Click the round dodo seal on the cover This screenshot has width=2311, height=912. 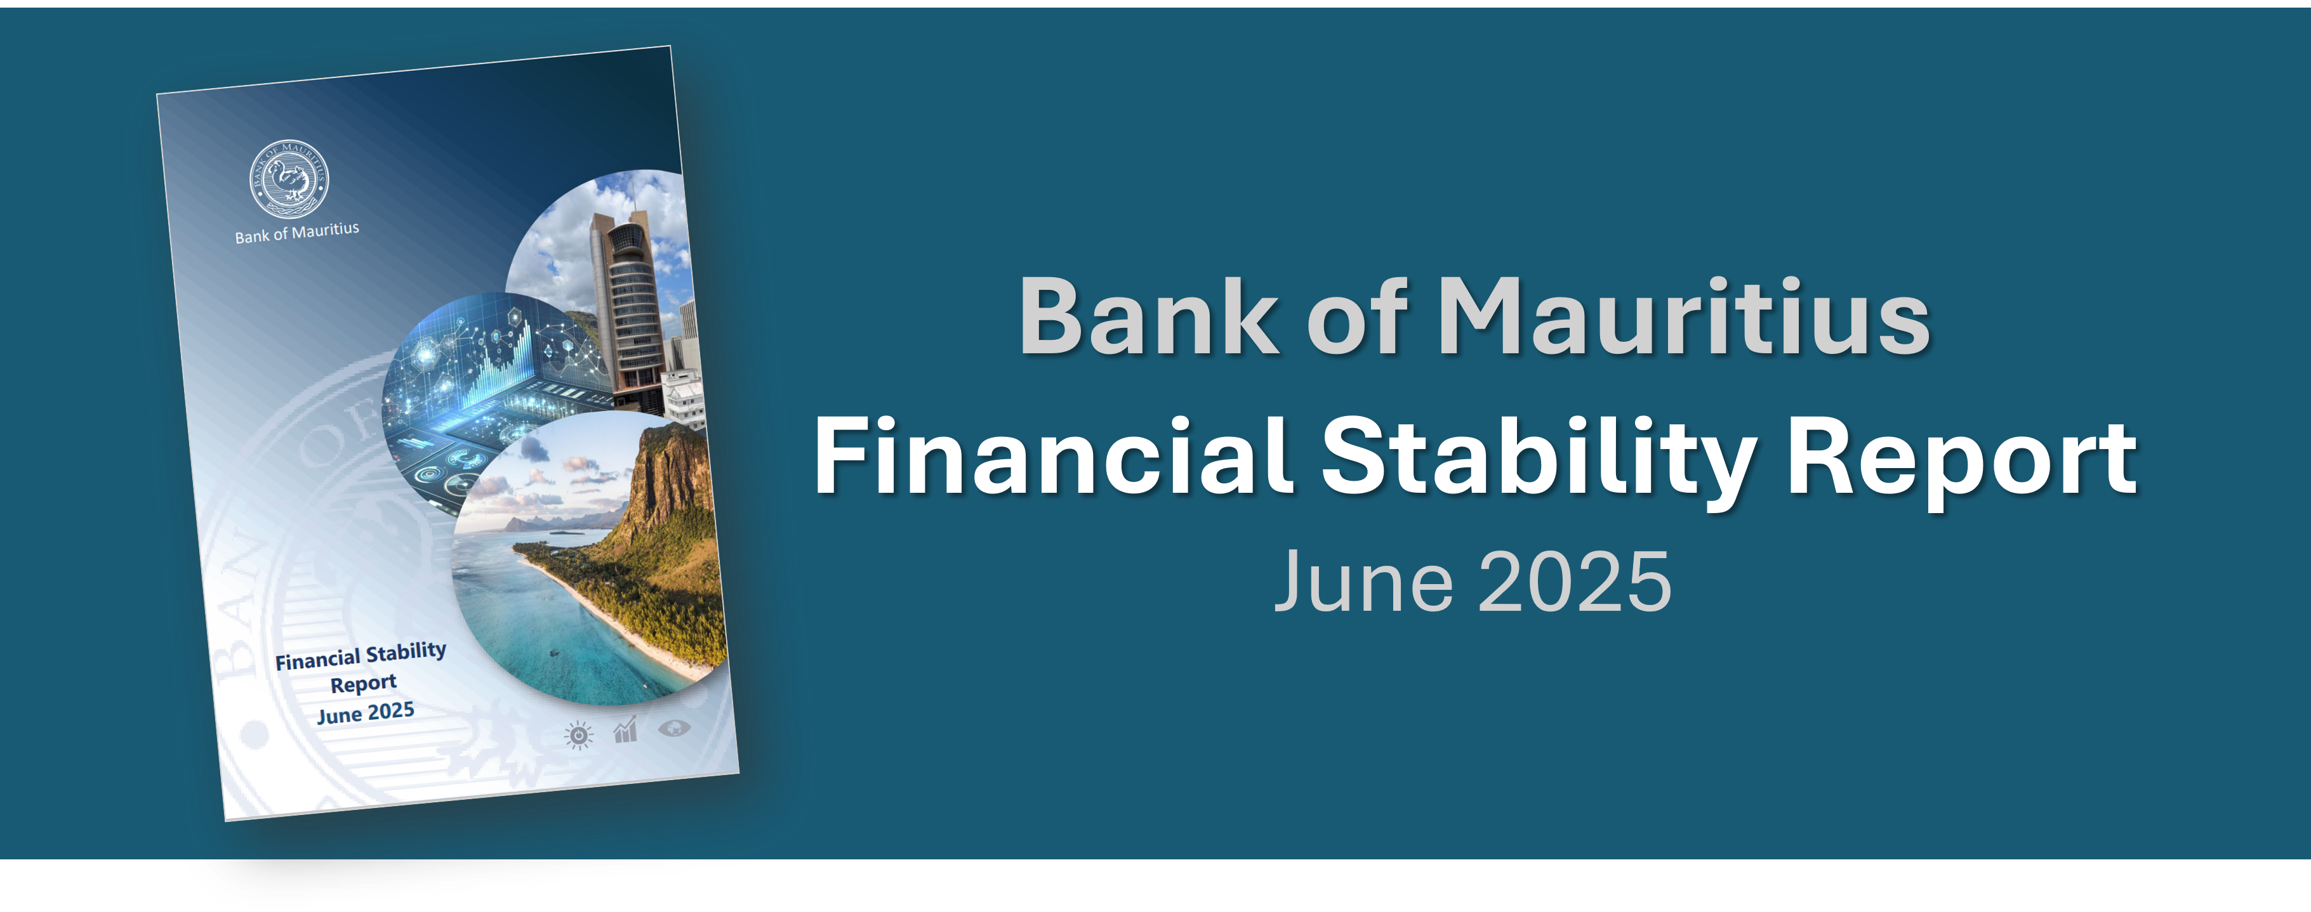click(x=289, y=178)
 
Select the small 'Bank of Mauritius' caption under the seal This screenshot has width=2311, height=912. click(x=297, y=232)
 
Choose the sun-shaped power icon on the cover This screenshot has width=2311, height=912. click(x=579, y=735)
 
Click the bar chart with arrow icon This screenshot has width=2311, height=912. click(x=625, y=730)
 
